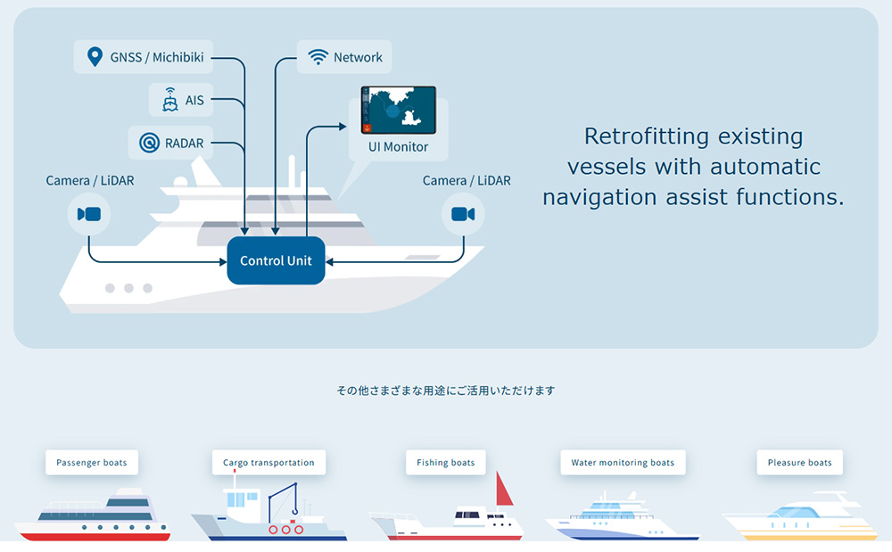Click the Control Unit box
click(276, 260)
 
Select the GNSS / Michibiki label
click(145, 58)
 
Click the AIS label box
click(181, 100)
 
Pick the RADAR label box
click(172, 142)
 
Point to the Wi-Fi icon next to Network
click(318, 57)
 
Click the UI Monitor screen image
click(398, 109)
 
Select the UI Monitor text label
click(398, 146)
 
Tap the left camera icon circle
click(88, 214)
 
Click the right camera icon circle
click(463, 214)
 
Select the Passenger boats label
click(92, 462)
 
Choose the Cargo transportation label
click(268, 462)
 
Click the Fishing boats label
click(446, 462)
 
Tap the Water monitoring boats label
click(623, 462)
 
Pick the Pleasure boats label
click(799, 462)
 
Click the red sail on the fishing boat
click(505, 490)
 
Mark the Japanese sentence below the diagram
click(446, 391)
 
